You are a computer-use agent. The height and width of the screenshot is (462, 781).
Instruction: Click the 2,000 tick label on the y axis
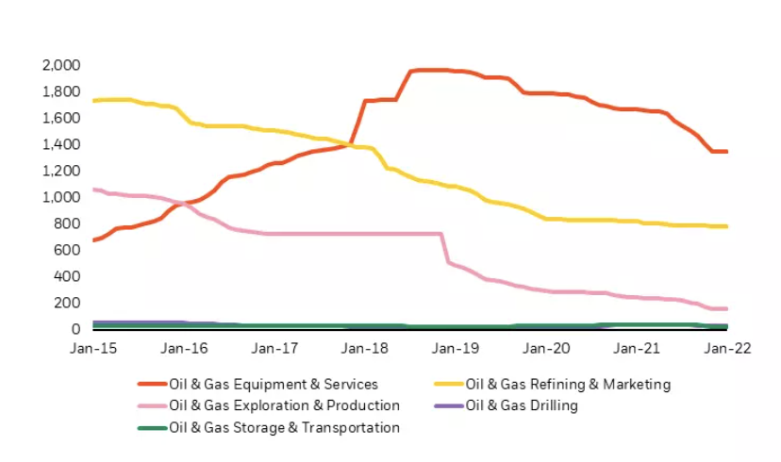click(60, 65)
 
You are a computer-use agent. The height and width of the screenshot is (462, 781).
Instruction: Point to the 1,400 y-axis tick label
click(60, 144)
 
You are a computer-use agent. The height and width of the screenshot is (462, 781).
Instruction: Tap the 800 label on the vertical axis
click(67, 223)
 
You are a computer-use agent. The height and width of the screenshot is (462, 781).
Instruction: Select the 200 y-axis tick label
click(67, 303)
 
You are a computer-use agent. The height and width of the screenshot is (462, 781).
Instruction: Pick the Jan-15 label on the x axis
click(93, 348)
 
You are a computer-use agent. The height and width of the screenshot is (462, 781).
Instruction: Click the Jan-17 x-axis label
click(274, 348)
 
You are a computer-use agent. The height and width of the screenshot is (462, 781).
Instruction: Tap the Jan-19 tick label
click(456, 348)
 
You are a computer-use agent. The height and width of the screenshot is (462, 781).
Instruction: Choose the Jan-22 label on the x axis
click(727, 348)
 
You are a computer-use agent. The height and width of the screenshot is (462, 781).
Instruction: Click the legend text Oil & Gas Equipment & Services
click(273, 385)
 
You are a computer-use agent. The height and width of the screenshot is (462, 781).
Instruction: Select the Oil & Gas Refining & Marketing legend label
click(569, 385)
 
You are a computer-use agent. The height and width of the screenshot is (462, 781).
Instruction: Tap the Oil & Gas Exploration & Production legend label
click(284, 406)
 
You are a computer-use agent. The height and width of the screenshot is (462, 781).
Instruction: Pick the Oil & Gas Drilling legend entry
click(522, 406)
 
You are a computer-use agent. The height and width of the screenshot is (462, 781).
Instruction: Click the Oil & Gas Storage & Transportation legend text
click(284, 428)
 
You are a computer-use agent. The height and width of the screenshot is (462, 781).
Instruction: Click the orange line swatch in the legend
click(151, 385)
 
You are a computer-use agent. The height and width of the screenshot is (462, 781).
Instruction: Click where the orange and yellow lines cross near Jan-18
click(350, 144)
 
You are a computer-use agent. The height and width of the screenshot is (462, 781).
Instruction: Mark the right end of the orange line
click(726, 152)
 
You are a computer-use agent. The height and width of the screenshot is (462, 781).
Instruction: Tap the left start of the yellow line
click(93, 100)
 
